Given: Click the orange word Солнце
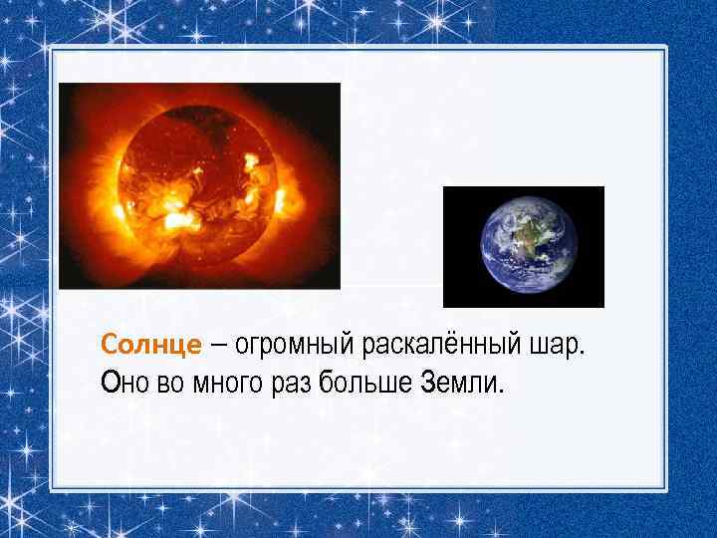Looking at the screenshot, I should click(x=150, y=346).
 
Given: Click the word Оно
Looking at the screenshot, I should click(x=124, y=383).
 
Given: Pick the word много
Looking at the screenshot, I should click(x=218, y=383).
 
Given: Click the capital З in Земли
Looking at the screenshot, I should click(x=430, y=383).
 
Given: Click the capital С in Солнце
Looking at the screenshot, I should click(x=109, y=346).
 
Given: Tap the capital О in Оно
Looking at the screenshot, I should click(x=109, y=383).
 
